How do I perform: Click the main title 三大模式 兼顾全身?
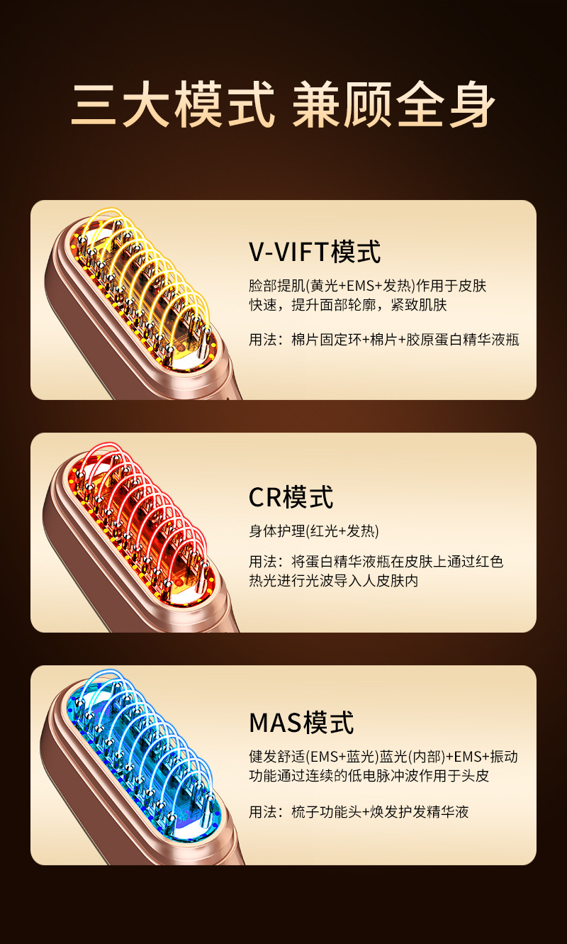click(x=283, y=106)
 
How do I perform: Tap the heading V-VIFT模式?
click(x=315, y=252)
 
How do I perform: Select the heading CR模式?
click(x=291, y=497)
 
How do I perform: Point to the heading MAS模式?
click(x=301, y=723)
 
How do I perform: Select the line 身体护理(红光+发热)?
click(x=314, y=531)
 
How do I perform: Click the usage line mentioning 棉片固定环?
click(x=383, y=340)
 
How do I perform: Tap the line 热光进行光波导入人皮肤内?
click(x=333, y=581)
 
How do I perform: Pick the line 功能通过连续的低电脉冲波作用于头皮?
click(x=369, y=776)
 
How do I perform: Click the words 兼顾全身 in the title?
click(x=393, y=106)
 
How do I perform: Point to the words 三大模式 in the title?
click(x=173, y=106)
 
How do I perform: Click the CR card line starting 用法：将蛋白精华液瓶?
click(x=376, y=562)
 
